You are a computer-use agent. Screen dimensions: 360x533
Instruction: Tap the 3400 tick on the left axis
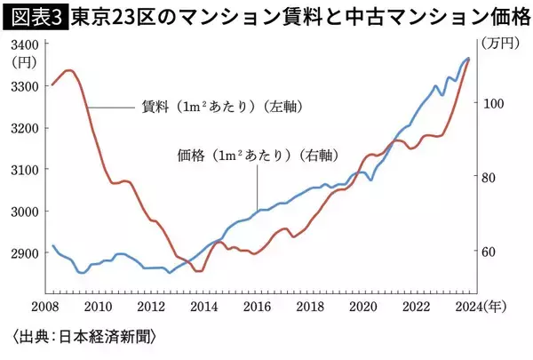(x=25, y=44)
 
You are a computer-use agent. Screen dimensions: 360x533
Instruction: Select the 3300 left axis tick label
(x=25, y=86)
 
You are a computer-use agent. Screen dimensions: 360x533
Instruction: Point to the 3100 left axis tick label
(x=25, y=169)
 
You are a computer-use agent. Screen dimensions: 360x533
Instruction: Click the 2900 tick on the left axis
(x=25, y=252)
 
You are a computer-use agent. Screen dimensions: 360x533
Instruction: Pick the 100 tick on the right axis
(x=492, y=103)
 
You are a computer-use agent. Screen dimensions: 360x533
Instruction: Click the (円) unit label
(x=25, y=63)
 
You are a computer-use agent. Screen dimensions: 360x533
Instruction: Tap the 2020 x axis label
(x=361, y=307)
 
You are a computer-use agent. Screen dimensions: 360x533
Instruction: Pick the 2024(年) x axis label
(x=480, y=307)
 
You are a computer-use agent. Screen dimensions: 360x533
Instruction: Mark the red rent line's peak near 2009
(x=69, y=69)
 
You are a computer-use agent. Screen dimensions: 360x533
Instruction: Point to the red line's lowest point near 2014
(x=198, y=271)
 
